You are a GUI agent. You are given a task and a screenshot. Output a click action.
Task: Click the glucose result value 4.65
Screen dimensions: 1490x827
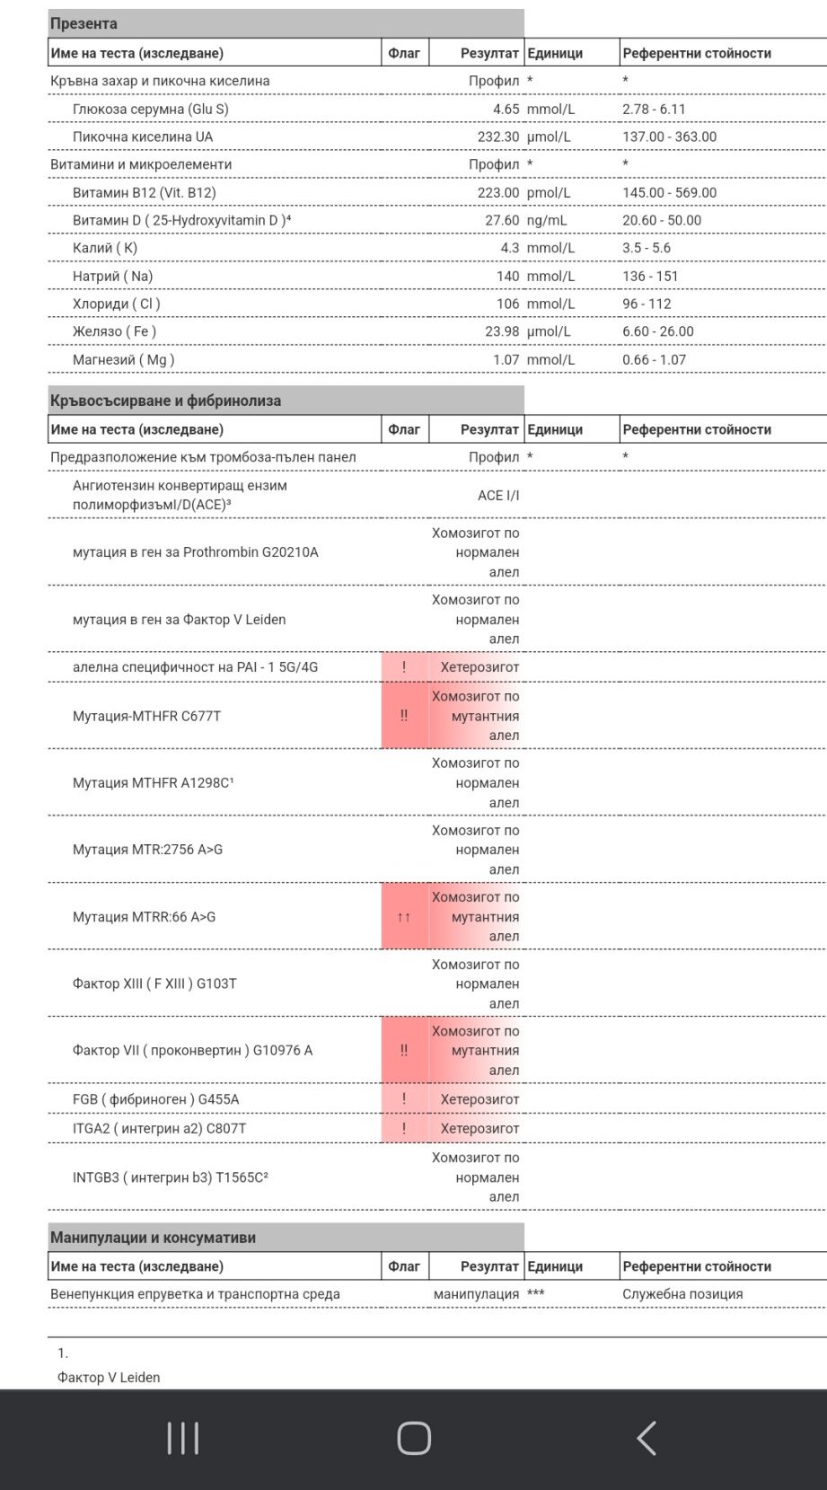506,109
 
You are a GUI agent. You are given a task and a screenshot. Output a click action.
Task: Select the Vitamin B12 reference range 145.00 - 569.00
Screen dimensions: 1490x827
669,192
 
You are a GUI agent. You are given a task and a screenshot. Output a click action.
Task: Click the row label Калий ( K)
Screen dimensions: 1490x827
105,248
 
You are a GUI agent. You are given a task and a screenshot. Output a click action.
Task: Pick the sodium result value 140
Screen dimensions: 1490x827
507,276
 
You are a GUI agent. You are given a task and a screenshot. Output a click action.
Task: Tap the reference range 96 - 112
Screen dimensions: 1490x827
647,304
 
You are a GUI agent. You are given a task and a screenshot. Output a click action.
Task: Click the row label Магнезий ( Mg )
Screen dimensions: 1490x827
123,359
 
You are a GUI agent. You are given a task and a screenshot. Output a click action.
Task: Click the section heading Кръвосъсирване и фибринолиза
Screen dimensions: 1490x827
165,401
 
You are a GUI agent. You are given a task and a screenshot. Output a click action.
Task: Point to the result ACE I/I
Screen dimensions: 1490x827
498,495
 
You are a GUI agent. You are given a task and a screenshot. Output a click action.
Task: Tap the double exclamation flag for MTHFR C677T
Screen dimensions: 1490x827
404,716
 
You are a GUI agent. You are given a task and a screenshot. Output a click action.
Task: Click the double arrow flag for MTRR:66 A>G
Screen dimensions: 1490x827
404,917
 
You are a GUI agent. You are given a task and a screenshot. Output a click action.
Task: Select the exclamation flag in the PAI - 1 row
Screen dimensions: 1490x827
404,666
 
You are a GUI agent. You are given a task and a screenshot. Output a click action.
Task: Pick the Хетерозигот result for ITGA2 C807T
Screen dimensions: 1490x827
479,1128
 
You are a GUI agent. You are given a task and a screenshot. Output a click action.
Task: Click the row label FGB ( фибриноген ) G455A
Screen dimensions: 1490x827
155,1099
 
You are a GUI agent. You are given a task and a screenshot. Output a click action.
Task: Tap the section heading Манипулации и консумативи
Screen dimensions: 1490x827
153,1237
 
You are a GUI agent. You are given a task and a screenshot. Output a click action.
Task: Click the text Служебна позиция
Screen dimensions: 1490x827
682,1294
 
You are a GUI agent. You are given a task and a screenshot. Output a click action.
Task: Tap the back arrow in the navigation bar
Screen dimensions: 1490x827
647,1438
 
